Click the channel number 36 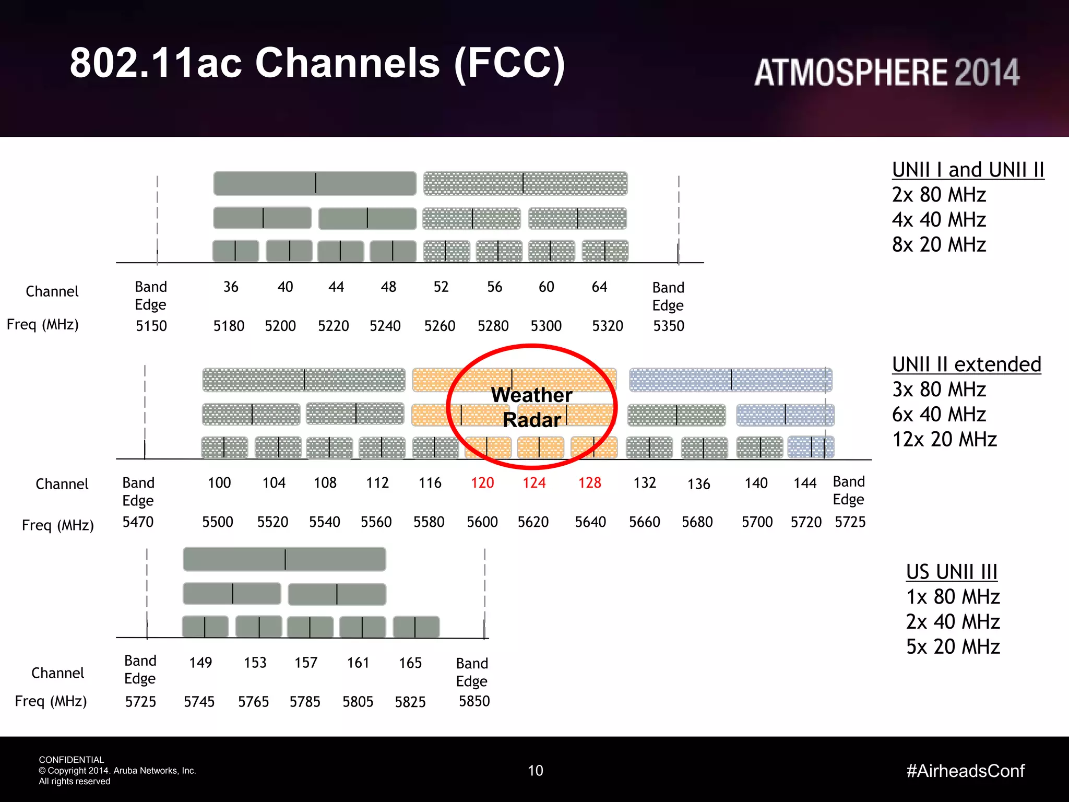[x=231, y=287]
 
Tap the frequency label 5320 [x=607, y=326]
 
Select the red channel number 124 [x=534, y=482]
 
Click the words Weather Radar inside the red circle [x=531, y=407]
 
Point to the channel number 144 [x=805, y=483]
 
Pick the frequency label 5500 [x=218, y=522]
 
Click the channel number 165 [x=410, y=663]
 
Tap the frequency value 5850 [x=474, y=701]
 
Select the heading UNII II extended [x=966, y=364]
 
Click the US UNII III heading [x=952, y=572]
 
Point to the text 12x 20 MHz [x=944, y=439]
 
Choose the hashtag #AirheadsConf [x=965, y=771]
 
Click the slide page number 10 [x=536, y=771]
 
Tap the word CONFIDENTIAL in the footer [x=72, y=760]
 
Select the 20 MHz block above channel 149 [x=205, y=626]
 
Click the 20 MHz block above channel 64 [x=605, y=251]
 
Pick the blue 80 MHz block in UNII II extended [x=730, y=380]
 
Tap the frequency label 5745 [x=199, y=701]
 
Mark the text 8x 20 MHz [x=939, y=244]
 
